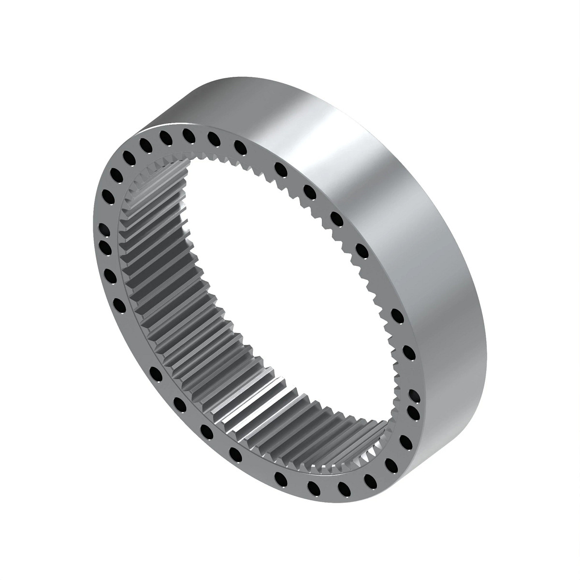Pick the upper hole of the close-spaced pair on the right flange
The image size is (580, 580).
[x=414, y=394]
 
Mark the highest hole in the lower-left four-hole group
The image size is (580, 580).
[x=156, y=372]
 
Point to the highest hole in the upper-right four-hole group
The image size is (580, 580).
[x=279, y=168]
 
